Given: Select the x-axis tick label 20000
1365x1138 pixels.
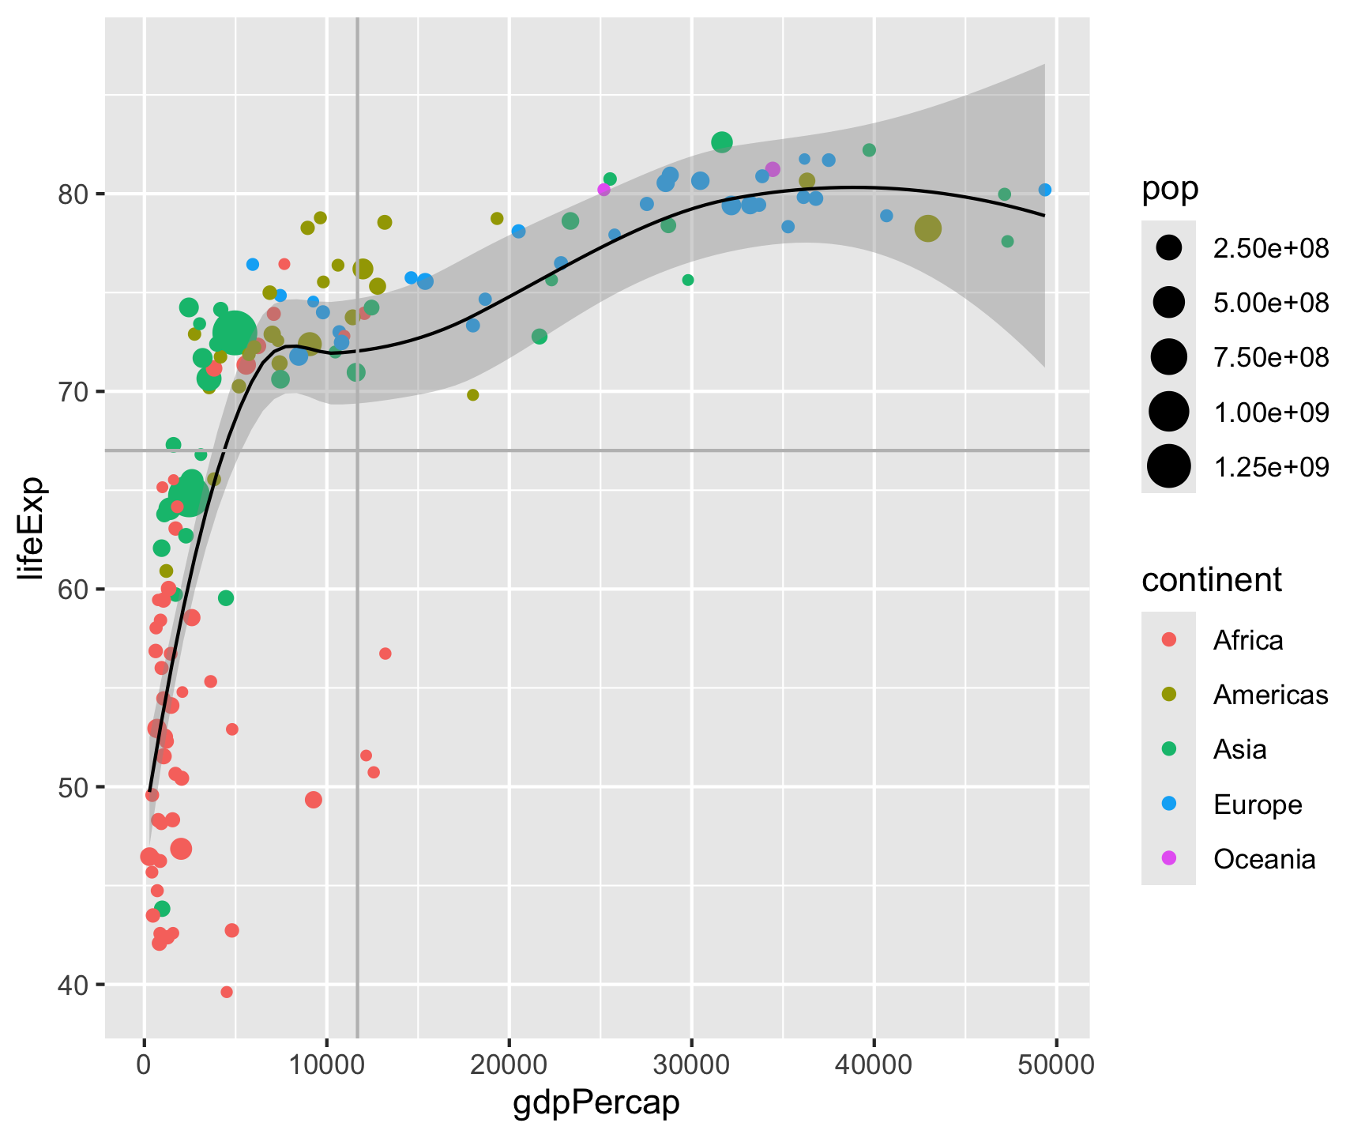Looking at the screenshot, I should click(509, 1065).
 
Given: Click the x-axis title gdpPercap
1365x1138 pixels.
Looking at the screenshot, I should click(596, 1102).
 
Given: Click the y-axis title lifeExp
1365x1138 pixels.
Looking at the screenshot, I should click(33, 528).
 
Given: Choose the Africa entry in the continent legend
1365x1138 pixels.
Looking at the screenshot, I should click(1248, 639).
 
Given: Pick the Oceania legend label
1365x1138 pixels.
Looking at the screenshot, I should click(1264, 859).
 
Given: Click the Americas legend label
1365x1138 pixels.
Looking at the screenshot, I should click(1270, 695).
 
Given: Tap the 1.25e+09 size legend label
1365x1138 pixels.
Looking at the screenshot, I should click(1271, 467).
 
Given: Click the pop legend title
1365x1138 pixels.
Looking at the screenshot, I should click(1169, 190).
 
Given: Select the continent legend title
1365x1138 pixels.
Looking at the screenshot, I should click(1211, 580).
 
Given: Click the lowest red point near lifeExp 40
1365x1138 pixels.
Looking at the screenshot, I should click(227, 992).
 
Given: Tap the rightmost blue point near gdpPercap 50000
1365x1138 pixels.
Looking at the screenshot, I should click(1045, 190).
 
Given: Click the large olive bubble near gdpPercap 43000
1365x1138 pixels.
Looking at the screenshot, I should click(928, 228).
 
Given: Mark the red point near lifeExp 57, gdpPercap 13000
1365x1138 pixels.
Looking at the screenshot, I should click(385, 654).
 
